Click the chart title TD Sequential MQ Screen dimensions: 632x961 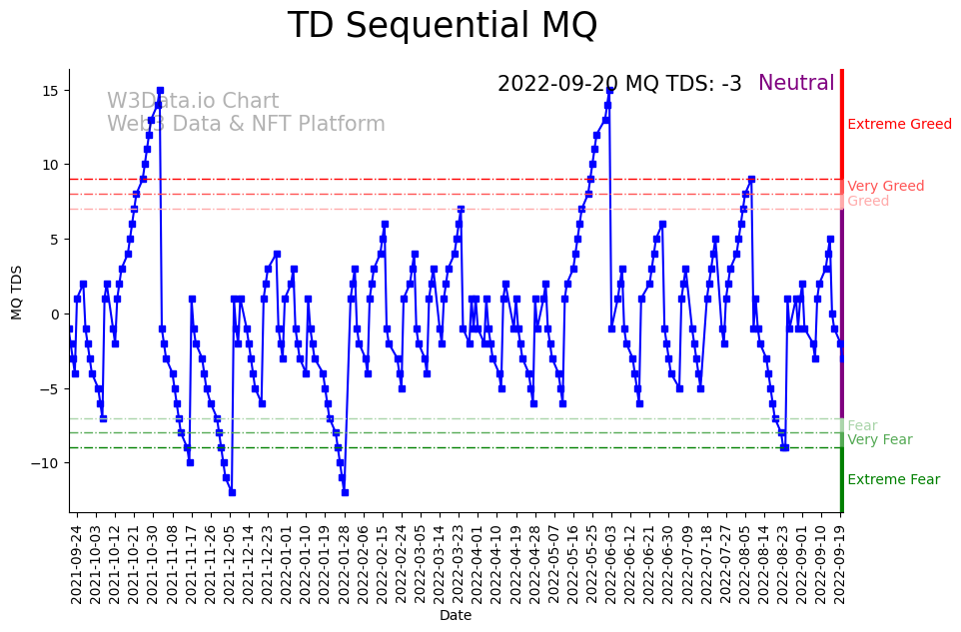coord(442,26)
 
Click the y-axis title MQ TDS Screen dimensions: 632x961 coord(16,293)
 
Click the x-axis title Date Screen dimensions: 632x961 coord(456,616)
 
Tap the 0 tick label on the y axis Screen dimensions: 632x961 coord(56,315)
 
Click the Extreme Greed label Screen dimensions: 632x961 coord(899,125)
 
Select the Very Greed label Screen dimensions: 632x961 coord(885,187)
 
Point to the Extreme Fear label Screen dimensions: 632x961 coord(893,480)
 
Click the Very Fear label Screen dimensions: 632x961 coord(879,440)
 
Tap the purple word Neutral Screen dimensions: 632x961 coord(796,84)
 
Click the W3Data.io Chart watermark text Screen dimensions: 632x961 coord(193,102)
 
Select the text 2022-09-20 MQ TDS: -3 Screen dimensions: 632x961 coord(619,85)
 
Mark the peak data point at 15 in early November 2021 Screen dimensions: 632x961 coord(160,91)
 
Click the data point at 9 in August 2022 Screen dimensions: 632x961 coord(751,180)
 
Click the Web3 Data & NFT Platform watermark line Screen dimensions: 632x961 coord(246,125)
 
